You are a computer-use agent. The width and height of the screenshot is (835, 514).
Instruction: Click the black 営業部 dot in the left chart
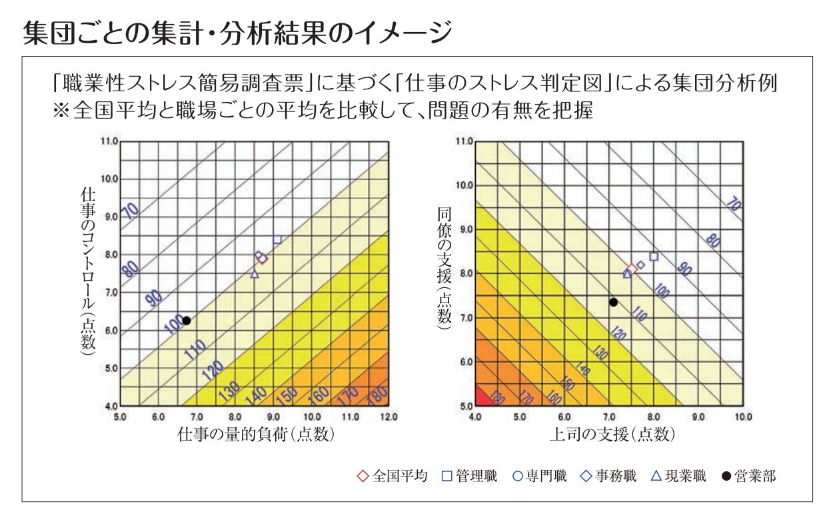click(x=187, y=321)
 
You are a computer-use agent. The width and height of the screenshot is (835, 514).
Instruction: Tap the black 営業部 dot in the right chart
click(x=613, y=302)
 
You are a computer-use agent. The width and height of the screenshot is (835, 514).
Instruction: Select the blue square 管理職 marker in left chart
click(x=277, y=239)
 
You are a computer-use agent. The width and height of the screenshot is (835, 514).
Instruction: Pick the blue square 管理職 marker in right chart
click(x=654, y=257)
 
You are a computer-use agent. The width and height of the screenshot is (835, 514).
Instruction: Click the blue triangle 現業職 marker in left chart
click(x=254, y=274)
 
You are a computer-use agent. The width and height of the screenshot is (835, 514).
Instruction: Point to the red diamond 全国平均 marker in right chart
click(x=631, y=270)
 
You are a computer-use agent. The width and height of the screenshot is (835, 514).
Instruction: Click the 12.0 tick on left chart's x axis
click(x=388, y=417)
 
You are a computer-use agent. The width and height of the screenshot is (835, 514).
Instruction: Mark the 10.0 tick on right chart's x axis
click(x=742, y=417)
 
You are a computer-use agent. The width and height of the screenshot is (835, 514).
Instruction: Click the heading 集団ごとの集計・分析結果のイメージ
click(x=237, y=31)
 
